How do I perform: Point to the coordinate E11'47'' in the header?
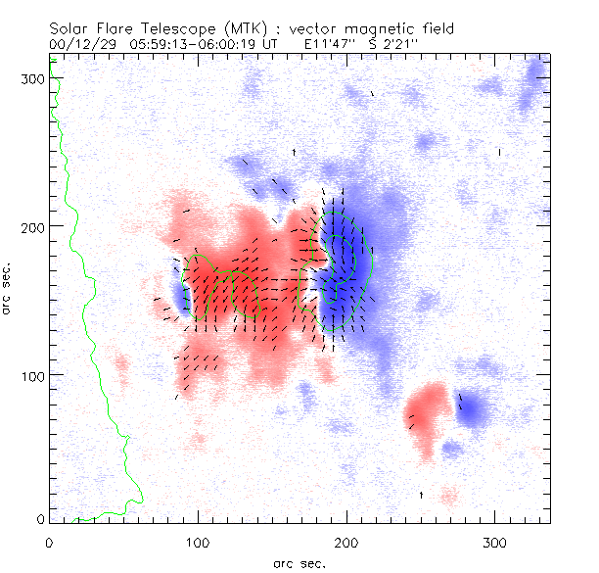[x=334, y=44]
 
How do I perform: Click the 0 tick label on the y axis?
[x=39, y=518]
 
